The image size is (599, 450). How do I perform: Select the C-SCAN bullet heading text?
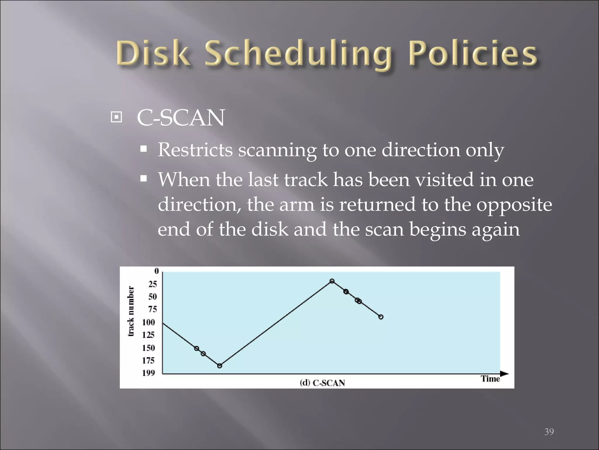[180, 118]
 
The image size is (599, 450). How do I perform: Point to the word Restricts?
[195, 150]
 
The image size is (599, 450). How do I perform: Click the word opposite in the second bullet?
[514, 204]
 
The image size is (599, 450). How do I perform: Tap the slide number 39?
[549, 432]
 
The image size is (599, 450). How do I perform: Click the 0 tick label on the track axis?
[156, 271]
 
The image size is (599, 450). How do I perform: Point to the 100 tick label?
[149, 322]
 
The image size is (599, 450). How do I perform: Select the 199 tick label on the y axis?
[149, 373]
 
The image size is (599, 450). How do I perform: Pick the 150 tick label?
[149, 348]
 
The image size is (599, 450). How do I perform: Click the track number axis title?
[131, 311]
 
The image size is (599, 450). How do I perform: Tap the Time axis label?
[490, 379]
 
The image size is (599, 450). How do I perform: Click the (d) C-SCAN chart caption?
[322, 383]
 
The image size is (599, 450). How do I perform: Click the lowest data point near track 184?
[220, 366]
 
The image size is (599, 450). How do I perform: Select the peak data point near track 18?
[332, 281]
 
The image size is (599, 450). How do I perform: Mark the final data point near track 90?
[381, 317]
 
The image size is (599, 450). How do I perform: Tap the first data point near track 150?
[197, 348]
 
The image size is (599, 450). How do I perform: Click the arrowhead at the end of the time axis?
[504, 374]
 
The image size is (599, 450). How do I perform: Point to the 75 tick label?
[152, 309]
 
